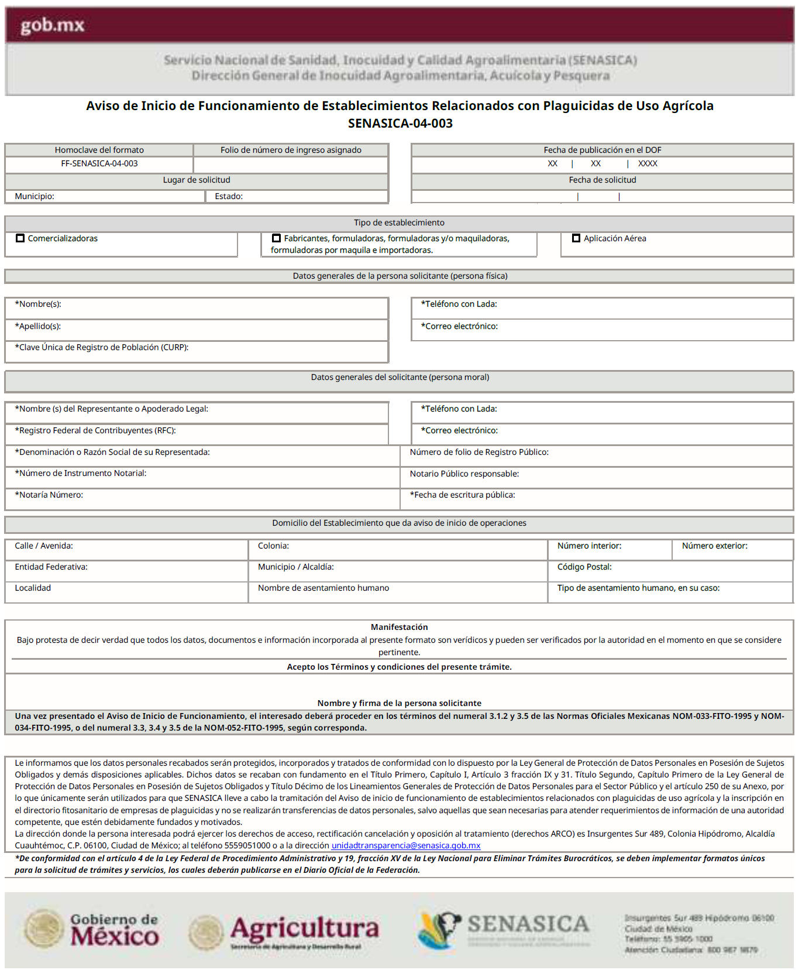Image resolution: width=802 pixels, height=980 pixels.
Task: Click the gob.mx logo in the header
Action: click(x=53, y=25)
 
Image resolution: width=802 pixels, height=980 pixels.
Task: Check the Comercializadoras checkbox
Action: click(x=20, y=238)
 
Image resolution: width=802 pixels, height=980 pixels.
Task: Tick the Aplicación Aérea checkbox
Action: click(x=576, y=238)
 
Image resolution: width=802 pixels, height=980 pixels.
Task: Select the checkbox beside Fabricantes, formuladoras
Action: click(x=277, y=238)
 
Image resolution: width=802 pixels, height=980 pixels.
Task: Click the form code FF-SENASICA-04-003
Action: click(x=99, y=164)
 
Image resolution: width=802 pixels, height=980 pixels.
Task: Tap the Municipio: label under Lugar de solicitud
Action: click(x=35, y=197)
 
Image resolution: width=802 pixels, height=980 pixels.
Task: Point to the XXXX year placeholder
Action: click(x=648, y=164)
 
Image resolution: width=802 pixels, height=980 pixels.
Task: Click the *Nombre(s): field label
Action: click(x=38, y=304)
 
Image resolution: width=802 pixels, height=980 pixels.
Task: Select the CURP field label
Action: click(x=102, y=348)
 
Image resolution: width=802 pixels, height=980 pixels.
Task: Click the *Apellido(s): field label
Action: click(x=38, y=327)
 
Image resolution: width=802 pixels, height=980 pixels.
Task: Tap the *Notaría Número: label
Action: click(x=49, y=495)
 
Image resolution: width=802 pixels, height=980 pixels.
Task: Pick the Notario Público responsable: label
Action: click(x=464, y=474)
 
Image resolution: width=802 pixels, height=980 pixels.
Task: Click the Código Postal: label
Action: click(x=584, y=567)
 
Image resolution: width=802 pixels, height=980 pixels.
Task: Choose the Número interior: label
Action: click(x=589, y=546)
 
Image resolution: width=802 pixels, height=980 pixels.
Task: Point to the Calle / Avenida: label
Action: click(x=44, y=546)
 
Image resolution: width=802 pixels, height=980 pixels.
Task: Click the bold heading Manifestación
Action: click(x=399, y=628)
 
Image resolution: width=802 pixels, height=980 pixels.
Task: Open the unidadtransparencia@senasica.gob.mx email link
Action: click(x=406, y=846)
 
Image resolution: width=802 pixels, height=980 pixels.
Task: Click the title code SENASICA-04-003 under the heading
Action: click(x=400, y=124)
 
